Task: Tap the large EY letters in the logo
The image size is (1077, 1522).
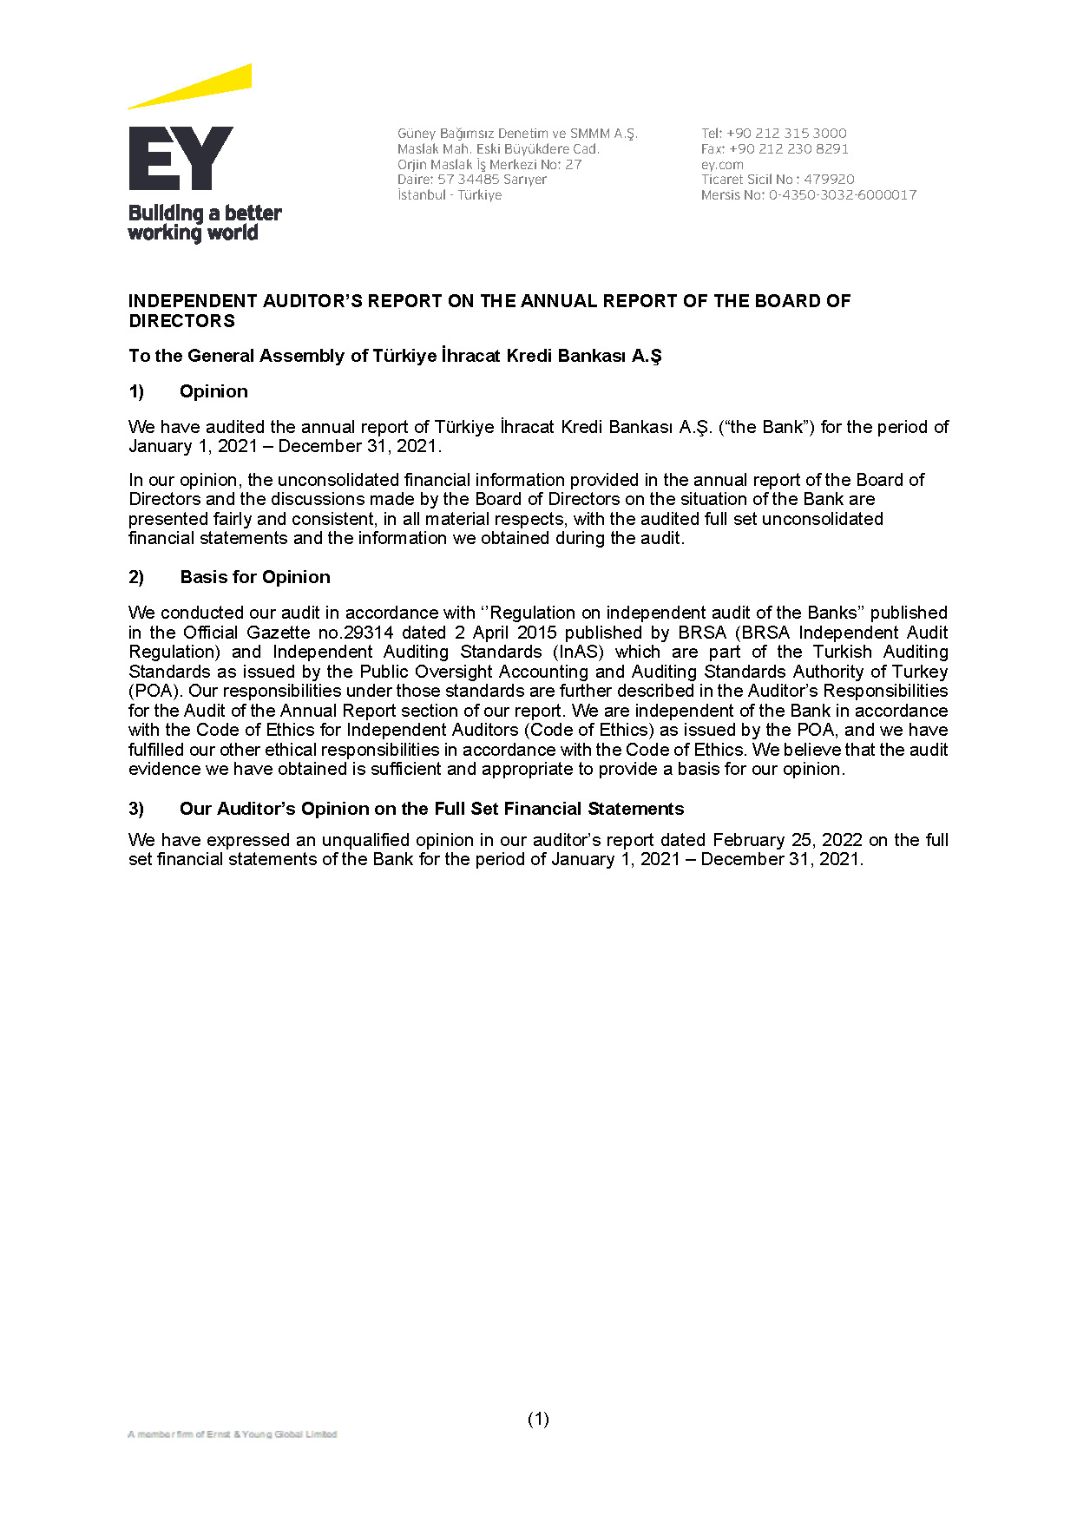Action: point(181,158)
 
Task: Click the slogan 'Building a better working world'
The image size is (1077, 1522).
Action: point(205,223)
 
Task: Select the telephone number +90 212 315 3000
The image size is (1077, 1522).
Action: point(786,133)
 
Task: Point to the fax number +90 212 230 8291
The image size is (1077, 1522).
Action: point(789,148)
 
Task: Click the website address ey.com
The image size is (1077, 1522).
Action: point(722,164)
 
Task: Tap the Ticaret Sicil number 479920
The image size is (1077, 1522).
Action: point(829,180)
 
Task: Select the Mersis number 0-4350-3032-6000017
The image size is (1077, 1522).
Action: point(843,195)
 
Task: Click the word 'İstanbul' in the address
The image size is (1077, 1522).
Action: point(421,195)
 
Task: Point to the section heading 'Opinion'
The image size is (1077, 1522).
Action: point(213,391)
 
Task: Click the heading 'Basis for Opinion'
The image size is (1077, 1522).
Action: point(255,577)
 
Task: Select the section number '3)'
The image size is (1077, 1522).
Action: point(136,809)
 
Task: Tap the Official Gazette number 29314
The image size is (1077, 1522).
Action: point(369,633)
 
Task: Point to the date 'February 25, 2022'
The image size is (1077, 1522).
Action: point(787,840)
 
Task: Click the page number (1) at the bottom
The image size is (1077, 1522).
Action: point(538,1419)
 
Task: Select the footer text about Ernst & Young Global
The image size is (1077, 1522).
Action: point(232,1434)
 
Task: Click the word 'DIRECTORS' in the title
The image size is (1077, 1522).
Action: point(181,321)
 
